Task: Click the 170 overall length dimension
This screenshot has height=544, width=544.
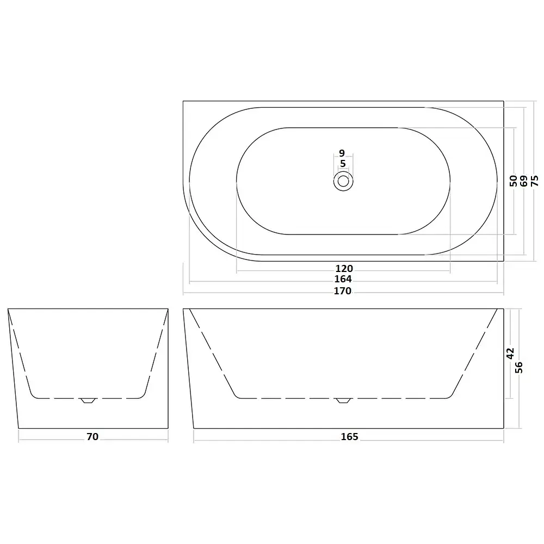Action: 342,290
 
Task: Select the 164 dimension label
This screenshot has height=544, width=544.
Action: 343,279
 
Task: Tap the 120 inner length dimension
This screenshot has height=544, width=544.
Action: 344,269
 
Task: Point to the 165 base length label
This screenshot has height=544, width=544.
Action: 349,436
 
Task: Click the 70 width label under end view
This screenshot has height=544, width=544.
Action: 92,436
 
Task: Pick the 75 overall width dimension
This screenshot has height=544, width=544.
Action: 535,181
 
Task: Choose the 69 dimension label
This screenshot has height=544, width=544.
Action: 524,181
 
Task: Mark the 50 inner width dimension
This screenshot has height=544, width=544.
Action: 514,181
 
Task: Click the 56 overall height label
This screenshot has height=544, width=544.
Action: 518,367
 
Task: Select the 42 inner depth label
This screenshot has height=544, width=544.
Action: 510,354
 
